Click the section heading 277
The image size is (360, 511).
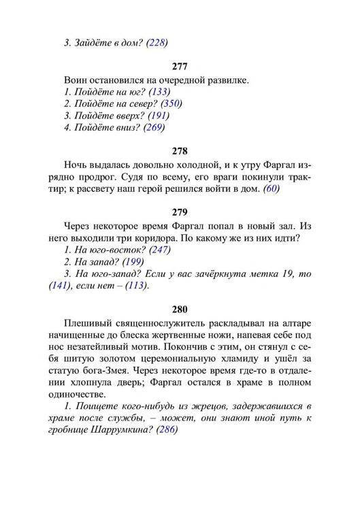180,67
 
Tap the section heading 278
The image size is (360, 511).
180,151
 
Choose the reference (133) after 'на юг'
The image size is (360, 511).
158,92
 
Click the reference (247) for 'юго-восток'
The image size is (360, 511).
157,250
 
